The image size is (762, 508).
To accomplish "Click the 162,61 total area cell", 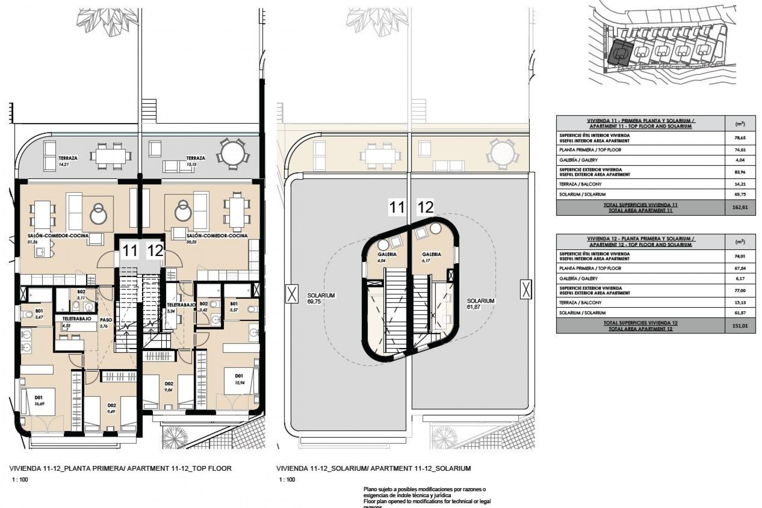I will click(740, 208).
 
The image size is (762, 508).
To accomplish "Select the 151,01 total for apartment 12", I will click(740, 326).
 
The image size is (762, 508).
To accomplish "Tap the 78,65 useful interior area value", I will click(740, 138).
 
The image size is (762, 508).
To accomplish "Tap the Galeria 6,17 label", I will click(431, 257).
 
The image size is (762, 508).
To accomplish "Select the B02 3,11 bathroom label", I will click(81, 294).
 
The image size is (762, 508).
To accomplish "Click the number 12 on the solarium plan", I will click(425, 207).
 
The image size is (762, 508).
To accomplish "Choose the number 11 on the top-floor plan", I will click(130, 251).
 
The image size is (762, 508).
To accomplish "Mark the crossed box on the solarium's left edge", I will click(292, 294).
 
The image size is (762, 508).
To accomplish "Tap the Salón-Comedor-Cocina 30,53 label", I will click(217, 238).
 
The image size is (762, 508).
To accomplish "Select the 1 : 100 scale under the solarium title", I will click(287, 479).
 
